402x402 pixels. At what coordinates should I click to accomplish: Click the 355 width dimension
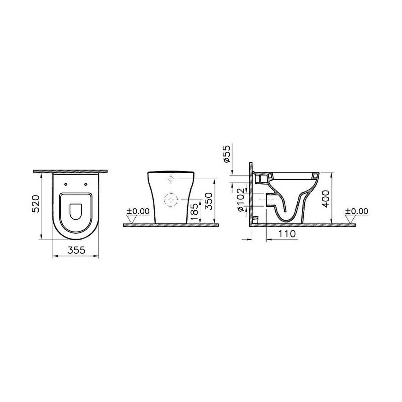pyautogui.click(x=76, y=250)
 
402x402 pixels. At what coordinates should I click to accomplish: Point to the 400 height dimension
pyautogui.click(x=325, y=199)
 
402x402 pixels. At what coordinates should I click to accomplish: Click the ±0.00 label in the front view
pyautogui.click(x=138, y=211)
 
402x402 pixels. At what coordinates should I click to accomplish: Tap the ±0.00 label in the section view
pyautogui.click(x=356, y=211)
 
